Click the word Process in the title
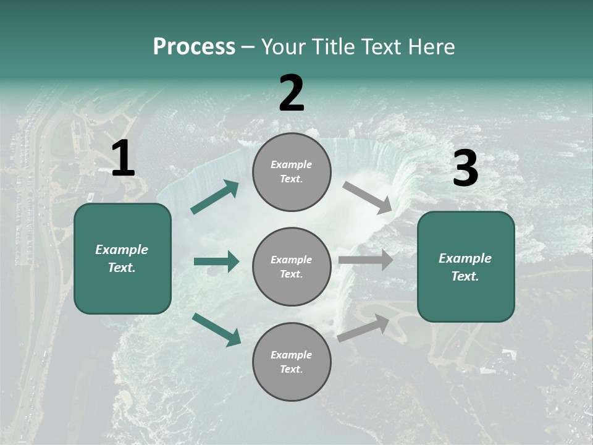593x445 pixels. [x=194, y=47]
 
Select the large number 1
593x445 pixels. [x=123, y=159]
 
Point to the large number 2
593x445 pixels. [x=292, y=93]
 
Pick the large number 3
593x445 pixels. [x=465, y=169]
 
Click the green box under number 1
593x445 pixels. [x=122, y=258]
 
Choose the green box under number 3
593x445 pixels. [x=466, y=267]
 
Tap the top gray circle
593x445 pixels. [x=292, y=172]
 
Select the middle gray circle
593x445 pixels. [x=292, y=266]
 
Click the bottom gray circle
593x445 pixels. [x=292, y=362]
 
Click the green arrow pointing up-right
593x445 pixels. [x=215, y=197]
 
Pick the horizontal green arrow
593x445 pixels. [x=216, y=261]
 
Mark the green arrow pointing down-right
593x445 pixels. [x=216, y=329]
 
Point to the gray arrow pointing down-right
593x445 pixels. [x=368, y=198]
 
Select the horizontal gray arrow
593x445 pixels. [x=366, y=260]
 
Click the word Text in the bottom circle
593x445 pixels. [x=290, y=370]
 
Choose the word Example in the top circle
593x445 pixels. [x=291, y=164]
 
